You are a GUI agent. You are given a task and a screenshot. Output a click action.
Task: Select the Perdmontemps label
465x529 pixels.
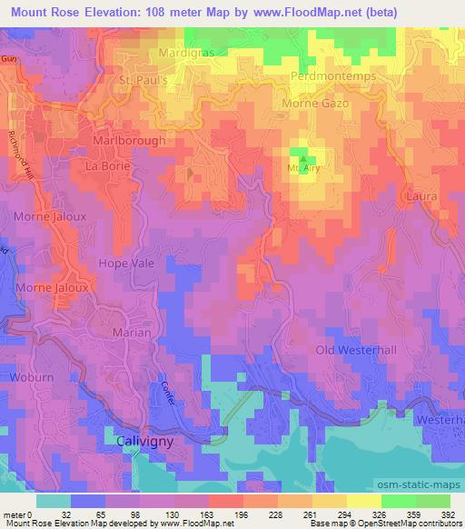coord(333,76)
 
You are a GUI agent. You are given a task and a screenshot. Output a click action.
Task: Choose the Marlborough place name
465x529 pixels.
coord(129,142)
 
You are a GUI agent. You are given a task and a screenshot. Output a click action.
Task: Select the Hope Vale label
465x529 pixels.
coord(126,263)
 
